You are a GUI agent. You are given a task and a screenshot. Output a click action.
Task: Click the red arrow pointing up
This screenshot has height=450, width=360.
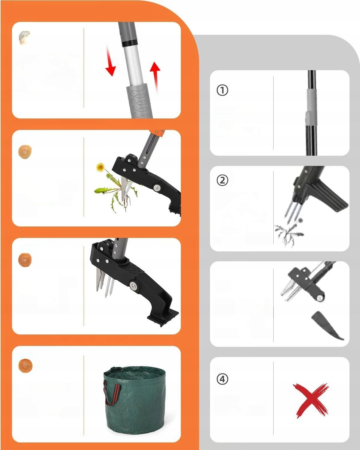pos(155,77)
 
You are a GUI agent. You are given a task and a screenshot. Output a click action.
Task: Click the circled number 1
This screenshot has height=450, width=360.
pos(222,91)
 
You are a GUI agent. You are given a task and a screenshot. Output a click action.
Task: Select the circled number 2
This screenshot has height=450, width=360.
pos(222,181)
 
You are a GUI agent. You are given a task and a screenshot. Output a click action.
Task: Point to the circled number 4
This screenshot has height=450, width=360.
pos(222,379)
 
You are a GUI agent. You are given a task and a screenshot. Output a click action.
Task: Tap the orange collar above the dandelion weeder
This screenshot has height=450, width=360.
pos(157,133)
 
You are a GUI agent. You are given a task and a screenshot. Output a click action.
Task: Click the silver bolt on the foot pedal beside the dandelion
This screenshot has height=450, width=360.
pos(157,187)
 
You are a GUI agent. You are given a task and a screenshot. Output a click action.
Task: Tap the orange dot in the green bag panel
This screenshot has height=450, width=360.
pos(25,365)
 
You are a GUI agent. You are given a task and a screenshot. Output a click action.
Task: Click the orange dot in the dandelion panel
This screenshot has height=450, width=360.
pos(25,152)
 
